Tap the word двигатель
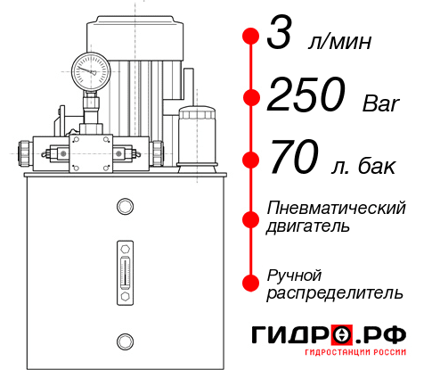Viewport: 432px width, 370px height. point(307,226)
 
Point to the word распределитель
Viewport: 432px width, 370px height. point(335,292)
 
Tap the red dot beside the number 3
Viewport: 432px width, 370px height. point(251,37)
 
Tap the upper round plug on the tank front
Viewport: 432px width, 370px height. point(124,207)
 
